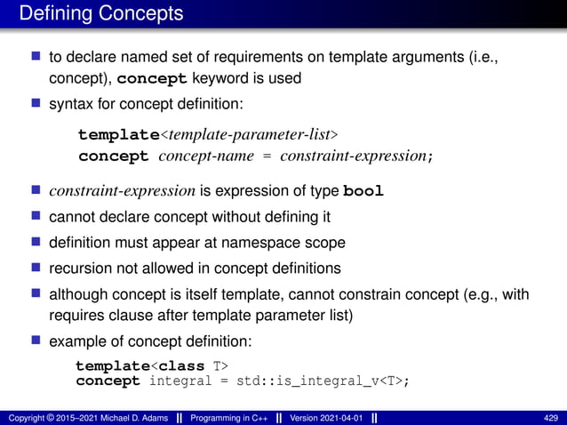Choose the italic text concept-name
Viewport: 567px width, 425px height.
tap(198, 156)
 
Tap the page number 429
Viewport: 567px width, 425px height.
tap(550, 417)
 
